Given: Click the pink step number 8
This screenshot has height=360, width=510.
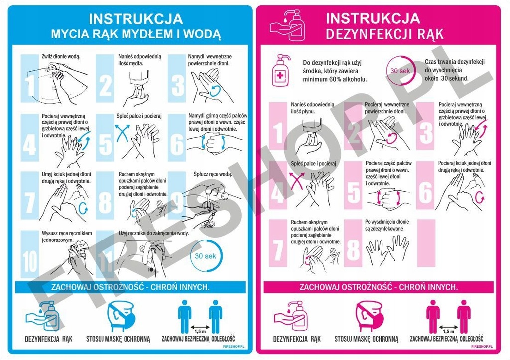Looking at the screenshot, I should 353,249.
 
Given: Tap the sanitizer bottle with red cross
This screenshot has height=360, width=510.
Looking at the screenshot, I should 281,71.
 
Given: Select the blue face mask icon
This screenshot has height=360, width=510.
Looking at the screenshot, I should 121,316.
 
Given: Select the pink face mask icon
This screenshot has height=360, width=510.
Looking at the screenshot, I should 369,316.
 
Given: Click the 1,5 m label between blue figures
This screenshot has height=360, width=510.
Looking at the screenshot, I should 200,331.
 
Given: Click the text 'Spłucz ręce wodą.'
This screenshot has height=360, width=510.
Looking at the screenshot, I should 213,174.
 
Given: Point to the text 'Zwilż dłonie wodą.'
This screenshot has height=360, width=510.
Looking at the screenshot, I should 60,57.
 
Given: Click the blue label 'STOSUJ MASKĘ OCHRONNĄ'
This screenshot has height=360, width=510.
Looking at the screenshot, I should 118,339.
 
